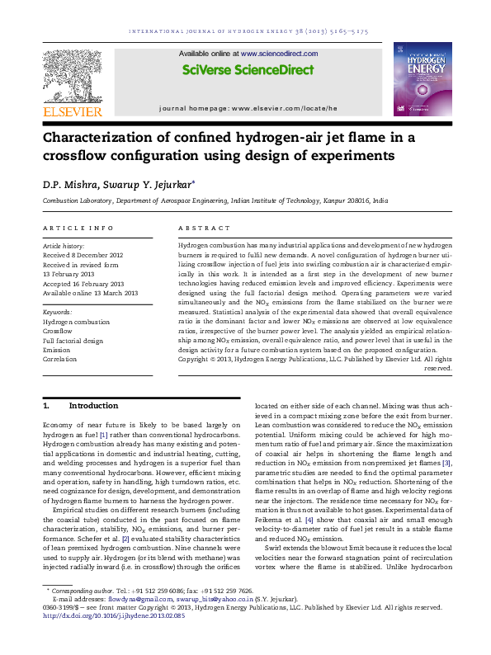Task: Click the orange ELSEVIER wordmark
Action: pos(72,111)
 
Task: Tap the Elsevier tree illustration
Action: pos(72,75)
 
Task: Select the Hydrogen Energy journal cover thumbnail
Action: pos(422,80)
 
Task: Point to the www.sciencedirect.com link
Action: pos(268,53)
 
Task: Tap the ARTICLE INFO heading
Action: pos(78,228)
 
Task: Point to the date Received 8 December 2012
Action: pos(83,255)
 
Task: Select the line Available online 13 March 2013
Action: pos(90,294)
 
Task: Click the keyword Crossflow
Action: pos(59,331)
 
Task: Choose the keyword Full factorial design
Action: pos(73,340)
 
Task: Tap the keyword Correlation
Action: pos(60,359)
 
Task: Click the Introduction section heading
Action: pos(93,406)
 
